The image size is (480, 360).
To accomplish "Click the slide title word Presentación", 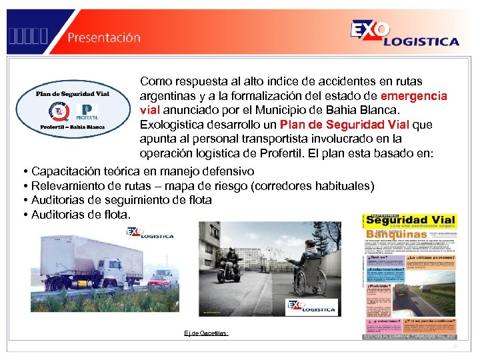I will (x=104, y=37).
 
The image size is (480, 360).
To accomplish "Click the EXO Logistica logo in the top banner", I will (x=404, y=33).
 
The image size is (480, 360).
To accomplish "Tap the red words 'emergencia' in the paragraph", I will (x=413, y=96).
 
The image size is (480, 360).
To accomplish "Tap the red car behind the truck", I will (x=160, y=278).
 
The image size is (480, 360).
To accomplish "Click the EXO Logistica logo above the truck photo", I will (x=151, y=233).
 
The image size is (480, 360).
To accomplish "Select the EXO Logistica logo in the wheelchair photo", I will (x=311, y=307).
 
